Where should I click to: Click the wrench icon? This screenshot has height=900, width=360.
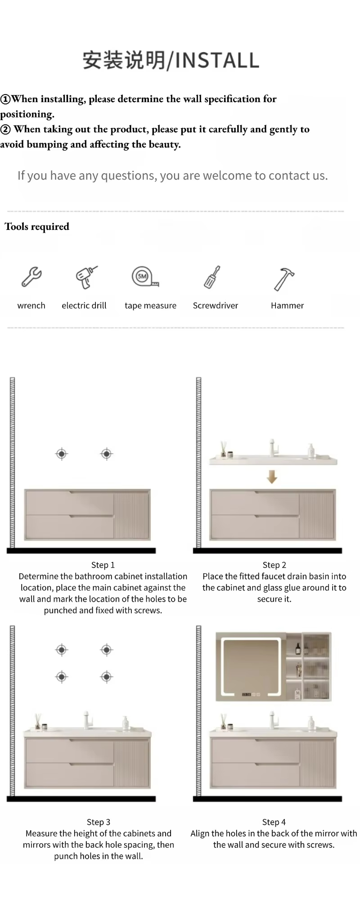[x=31, y=277]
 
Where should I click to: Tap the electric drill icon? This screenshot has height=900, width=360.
[x=85, y=277]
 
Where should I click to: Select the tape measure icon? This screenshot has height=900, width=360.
[x=144, y=277]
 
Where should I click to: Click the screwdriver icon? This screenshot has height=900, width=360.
[x=212, y=277]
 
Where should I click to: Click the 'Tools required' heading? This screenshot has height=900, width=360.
[x=37, y=227]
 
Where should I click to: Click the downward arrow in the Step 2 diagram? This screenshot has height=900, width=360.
[x=272, y=477]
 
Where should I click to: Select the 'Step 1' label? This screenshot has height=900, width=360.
[x=103, y=565]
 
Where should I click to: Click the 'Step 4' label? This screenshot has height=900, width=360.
[x=274, y=822]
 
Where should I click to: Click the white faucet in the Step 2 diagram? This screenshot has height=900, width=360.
[x=273, y=448]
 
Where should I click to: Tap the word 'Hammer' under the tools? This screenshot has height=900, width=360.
[x=287, y=306]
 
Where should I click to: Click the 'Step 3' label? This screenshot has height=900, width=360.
[x=99, y=822]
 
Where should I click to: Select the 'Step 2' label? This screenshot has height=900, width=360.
[x=274, y=565]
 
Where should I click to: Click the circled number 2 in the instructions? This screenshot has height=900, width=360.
[x=5, y=130]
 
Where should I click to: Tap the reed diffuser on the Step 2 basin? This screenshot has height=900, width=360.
[x=223, y=449]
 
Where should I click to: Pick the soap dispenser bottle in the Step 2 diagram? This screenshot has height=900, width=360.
[x=311, y=450]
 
